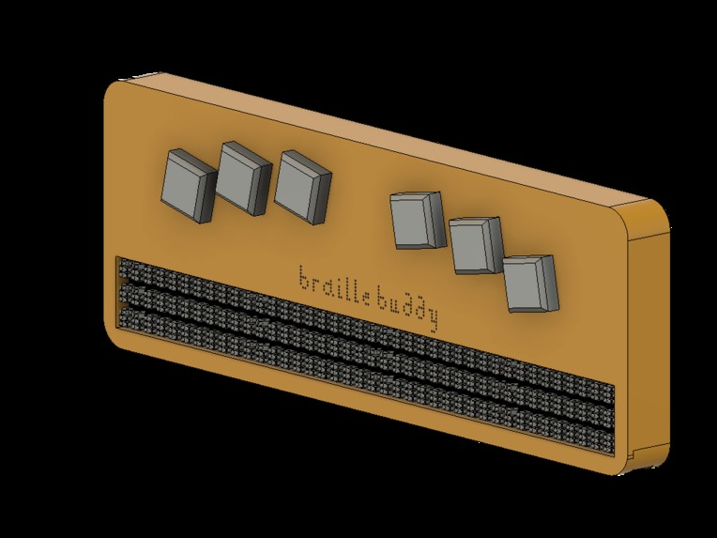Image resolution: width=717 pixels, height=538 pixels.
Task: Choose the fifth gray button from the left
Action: (x=474, y=245)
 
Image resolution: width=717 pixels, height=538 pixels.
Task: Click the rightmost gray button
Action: (x=530, y=283)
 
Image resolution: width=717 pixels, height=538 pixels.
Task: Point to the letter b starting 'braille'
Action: (x=302, y=277)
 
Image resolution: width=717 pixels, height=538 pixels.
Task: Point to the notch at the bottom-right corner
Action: (x=639, y=459)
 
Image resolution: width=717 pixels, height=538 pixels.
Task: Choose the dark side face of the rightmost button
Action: (x=553, y=282)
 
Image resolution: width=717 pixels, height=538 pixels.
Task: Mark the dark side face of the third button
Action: (x=322, y=198)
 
